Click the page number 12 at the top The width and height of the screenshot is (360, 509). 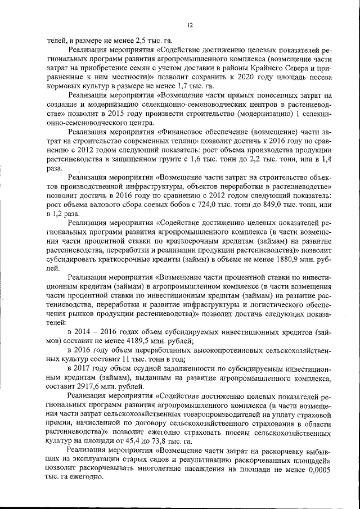(190, 25)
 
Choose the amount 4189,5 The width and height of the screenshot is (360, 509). (123, 340)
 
